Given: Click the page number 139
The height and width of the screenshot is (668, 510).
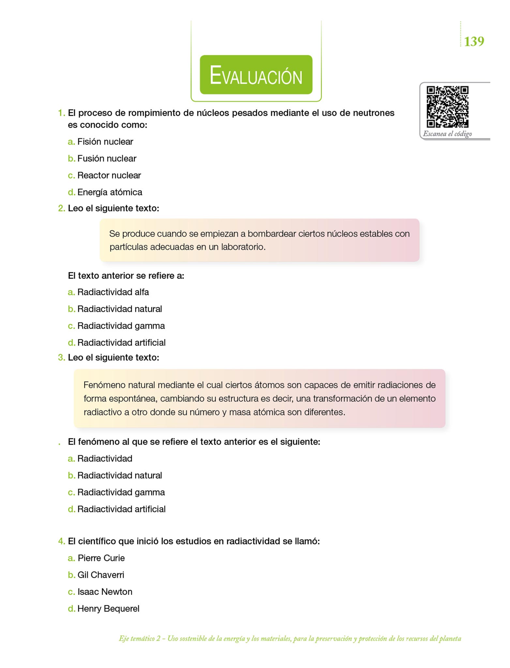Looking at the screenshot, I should [x=474, y=41].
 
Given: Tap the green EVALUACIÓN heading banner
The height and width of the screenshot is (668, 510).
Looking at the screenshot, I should [x=256, y=75].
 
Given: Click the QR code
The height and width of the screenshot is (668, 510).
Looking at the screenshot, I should [x=447, y=107].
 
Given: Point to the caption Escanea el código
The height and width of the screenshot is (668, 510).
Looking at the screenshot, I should [x=447, y=134].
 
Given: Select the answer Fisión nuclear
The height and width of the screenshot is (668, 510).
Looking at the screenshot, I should [x=105, y=142].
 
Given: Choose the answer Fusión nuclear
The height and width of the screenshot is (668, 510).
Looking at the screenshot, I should [x=107, y=159].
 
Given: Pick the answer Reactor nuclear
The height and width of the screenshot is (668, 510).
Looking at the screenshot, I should [x=109, y=175].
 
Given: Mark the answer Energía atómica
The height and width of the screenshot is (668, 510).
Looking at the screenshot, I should [x=110, y=192].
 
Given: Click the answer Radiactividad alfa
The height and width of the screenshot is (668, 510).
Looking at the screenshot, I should [x=113, y=292].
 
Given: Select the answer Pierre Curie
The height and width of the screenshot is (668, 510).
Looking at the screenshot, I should [x=101, y=558].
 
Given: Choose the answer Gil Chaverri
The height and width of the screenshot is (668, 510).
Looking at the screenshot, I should [x=101, y=575].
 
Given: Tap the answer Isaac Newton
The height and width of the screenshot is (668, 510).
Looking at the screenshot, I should [x=105, y=592].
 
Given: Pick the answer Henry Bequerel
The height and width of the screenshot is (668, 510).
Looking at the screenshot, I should [x=108, y=609].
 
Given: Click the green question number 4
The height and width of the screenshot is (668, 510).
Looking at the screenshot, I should [x=61, y=541].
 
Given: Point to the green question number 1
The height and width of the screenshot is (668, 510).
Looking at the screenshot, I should [x=61, y=113].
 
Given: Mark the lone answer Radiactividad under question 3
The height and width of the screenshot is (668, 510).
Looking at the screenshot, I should [x=105, y=459].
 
